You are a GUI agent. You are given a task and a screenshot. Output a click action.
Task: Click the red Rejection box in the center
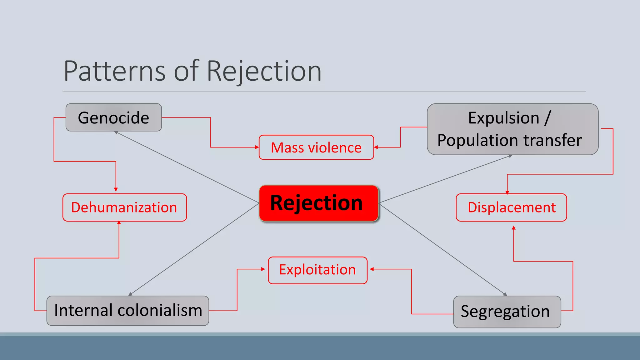click(x=318, y=203)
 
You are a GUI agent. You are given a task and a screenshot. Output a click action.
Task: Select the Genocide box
click(x=113, y=117)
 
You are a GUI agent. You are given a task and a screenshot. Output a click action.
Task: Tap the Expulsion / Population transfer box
click(x=512, y=129)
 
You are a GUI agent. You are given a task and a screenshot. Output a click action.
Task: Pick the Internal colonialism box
click(x=128, y=311)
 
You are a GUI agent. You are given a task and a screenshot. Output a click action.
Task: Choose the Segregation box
click(x=507, y=312)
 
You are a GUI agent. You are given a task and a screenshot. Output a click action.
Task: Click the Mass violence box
click(x=316, y=147)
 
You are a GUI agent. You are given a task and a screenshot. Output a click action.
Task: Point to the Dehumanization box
click(x=124, y=207)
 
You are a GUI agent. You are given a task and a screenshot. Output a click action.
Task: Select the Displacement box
click(x=511, y=207)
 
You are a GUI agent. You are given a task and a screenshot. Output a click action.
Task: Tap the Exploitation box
click(x=317, y=270)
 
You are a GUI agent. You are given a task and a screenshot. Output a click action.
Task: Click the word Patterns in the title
click(x=114, y=71)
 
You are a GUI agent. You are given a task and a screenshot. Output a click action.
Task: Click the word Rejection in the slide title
click(x=264, y=71)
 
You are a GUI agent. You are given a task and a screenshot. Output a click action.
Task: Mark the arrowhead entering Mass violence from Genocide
click(x=257, y=147)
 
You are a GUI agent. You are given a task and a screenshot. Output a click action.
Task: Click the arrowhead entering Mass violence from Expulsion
click(x=376, y=147)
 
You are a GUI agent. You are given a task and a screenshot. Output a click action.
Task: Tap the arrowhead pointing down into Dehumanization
click(x=116, y=189)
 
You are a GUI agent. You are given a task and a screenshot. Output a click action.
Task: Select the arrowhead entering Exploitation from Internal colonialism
click(x=263, y=269)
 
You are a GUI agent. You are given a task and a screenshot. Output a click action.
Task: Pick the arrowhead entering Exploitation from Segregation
click(x=372, y=269)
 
